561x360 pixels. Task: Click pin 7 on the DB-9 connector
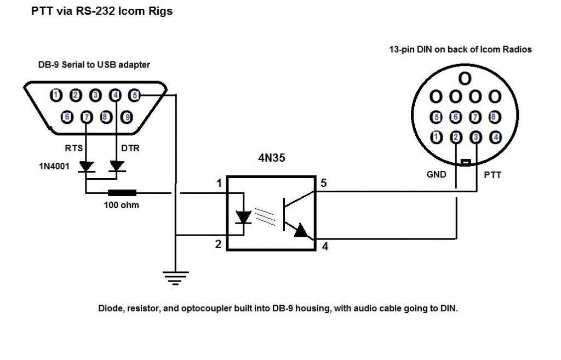click(x=87, y=117)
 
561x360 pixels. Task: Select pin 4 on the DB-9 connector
click(x=115, y=95)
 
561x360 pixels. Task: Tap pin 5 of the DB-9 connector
click(x=134, y=95)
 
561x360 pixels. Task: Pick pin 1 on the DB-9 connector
click(x=55, y=95)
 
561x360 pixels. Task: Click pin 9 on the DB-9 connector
click(x=127, y=117)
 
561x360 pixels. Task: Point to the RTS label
click(x=74, y=148)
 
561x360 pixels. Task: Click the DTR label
click(x=130, y=148)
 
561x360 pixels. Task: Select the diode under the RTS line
click(x=86, y=167)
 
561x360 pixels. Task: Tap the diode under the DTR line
click(x=117, y=167)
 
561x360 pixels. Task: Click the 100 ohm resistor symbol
click(x=122, y=193)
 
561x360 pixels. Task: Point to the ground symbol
click(x=175, y=278)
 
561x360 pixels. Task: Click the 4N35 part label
click(x=272, y=158)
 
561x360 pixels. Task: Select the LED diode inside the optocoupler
click(x=244, y=217)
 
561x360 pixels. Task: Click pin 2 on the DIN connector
click(x=456, y=137)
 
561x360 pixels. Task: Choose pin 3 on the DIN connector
click(x=476, y=137)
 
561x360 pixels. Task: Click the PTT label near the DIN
click(x=493, y=175)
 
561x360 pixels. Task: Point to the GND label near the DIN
click(x=437, y=175)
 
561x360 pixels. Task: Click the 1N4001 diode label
click(x=54, y=167)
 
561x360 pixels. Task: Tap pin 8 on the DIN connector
click(x=495, y=117)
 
